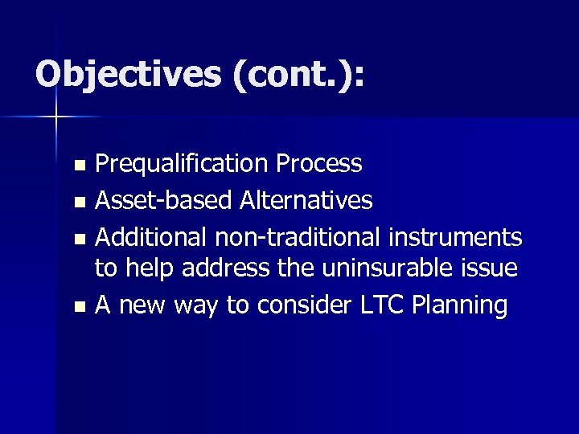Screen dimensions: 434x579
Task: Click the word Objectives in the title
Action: coord(128,75)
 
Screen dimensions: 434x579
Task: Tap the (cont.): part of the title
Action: coord(298,75)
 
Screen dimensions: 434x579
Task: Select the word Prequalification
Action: coord(182,164)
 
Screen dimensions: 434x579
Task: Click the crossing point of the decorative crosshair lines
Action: coord(56,117)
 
